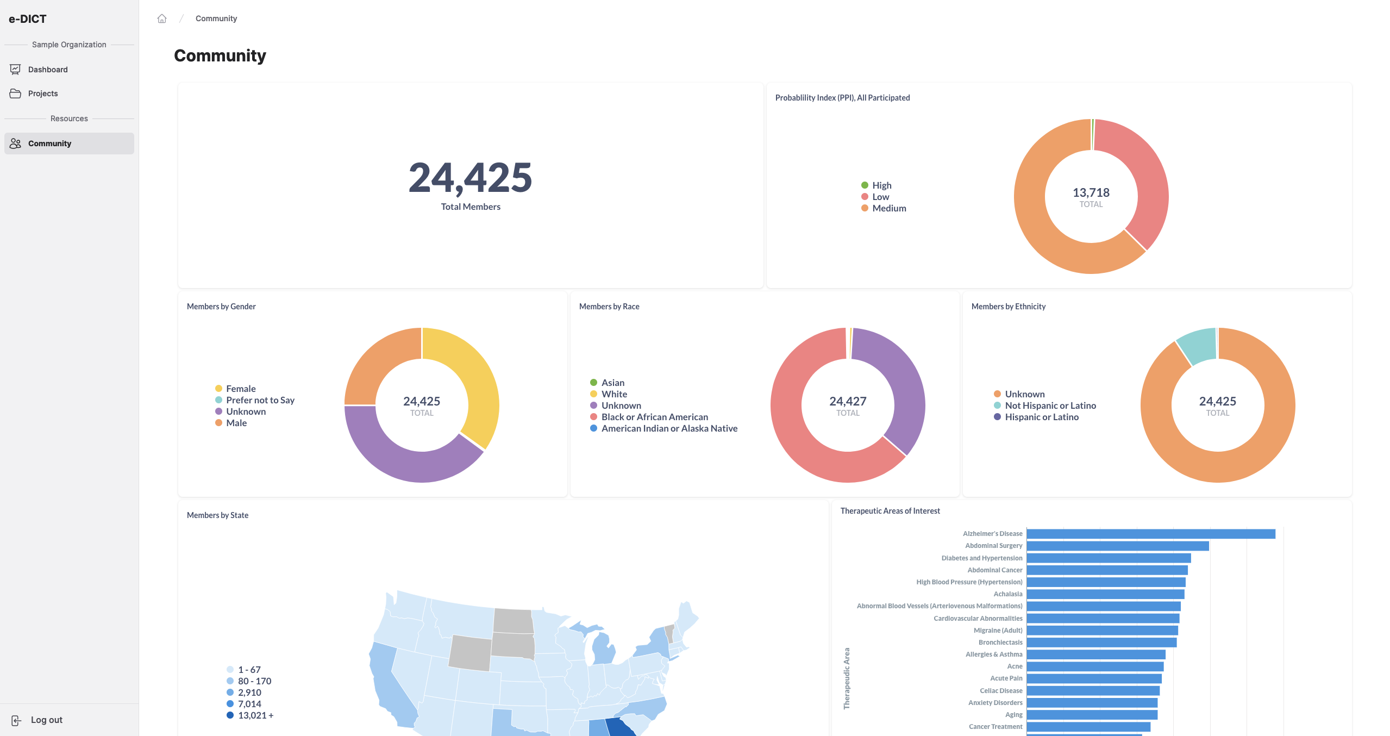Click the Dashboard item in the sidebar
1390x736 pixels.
point(48,70)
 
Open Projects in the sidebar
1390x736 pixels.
point(43,93)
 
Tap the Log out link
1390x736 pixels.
point(46,720)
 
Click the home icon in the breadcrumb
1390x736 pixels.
point(162,18)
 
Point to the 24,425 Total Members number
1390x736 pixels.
point(470,178)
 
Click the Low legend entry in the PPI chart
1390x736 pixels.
point(880,197)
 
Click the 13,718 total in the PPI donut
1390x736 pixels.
point(1091,193)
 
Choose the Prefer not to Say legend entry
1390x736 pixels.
point(260,400)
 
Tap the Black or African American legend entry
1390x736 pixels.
point(654,417)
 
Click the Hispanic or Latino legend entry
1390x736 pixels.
point(1041,417)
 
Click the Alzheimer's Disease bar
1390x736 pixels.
point(1150,534)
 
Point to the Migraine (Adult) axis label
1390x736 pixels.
point(998,631)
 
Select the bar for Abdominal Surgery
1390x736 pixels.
point(1117,546)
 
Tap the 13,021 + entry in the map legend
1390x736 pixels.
point(255,715)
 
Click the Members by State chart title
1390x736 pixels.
point(217,515)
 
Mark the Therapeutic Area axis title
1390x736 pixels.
point(847,678)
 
